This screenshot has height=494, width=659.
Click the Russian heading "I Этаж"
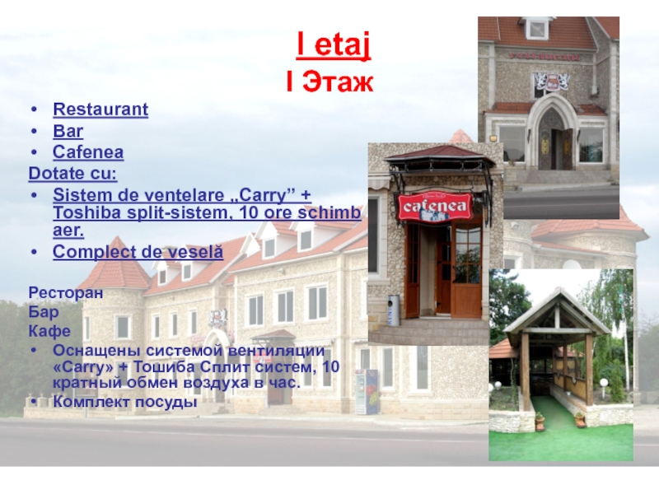point(329,82)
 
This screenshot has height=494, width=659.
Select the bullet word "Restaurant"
point(100,109)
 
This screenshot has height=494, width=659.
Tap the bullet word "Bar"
point(68,130)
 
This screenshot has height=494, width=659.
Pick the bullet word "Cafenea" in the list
point(88,152)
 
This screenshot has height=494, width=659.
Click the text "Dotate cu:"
point(72,174)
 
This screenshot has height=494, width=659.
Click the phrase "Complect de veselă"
point(138,252)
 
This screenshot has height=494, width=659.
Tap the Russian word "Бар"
point(44,312)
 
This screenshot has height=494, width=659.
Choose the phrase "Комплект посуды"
point(124,402)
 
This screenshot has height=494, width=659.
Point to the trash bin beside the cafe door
point(394,310)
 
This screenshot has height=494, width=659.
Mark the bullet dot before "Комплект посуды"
point(32,402)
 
